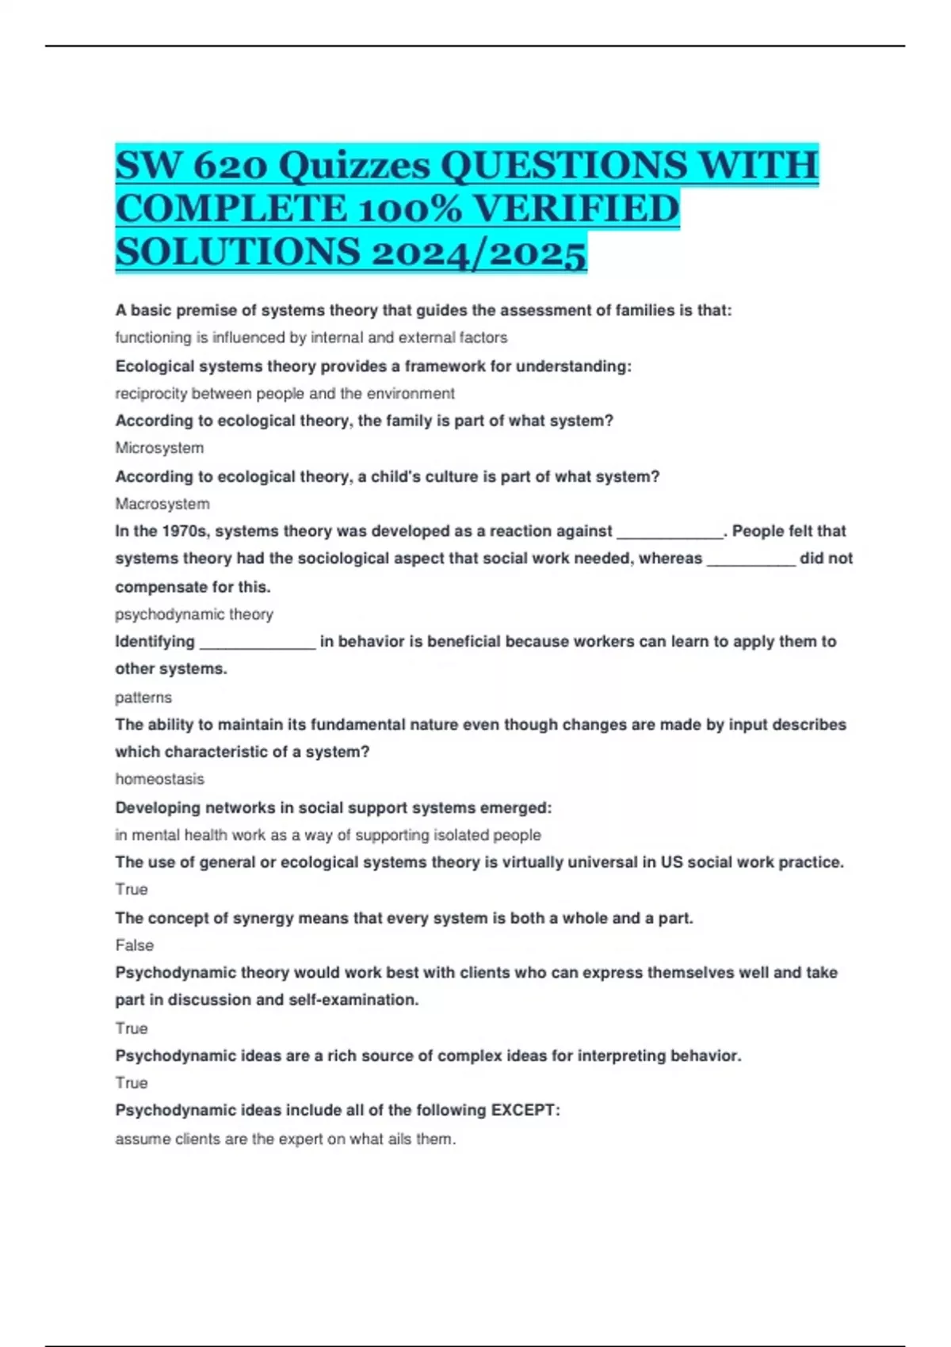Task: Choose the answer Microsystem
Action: (159, 448)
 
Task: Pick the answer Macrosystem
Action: (162, 504)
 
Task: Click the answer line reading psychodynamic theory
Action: (194, 614)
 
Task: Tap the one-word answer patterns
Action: (143, 697)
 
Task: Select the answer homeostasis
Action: (159, 779)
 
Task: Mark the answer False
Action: (135, 945)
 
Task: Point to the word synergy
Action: (264, 918)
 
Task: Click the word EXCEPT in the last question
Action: (525, 1110)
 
